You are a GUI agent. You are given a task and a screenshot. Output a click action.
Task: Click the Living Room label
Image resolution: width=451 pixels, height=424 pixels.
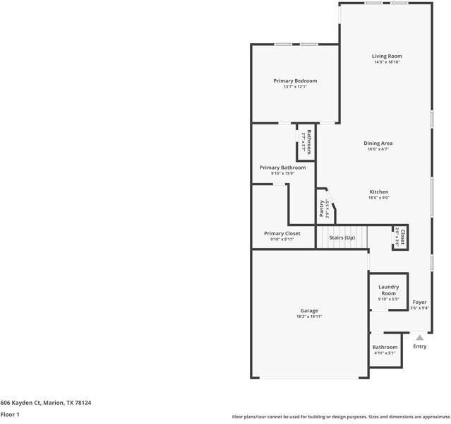coord(387,56)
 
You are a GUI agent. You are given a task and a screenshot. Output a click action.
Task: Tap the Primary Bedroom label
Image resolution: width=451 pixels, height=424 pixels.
coord(295,81)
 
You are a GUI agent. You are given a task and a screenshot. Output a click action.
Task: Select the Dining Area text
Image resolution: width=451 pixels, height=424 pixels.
coord(378,143)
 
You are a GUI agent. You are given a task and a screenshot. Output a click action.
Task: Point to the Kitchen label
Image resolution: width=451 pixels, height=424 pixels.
coord(378,192)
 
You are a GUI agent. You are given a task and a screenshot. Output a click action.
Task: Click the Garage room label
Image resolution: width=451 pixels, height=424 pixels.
coord(309,310)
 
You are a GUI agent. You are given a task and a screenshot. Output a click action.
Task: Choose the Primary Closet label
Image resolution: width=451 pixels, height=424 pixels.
coord(282,233)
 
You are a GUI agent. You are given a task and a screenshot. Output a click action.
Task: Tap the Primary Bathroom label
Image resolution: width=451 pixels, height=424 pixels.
coord(282,167)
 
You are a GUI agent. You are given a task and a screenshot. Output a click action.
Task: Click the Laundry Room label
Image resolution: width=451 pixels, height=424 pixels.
coord(388,290)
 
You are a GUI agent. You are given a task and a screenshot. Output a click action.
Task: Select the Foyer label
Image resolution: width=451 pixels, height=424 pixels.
coord(419,302)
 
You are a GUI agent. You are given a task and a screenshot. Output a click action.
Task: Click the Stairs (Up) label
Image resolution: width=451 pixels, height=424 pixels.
coord(342,237)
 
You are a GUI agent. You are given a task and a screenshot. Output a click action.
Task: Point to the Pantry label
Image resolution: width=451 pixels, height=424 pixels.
coord(322,209)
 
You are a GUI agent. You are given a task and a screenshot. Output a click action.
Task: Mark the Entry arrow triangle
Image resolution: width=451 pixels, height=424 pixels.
coord(419,338)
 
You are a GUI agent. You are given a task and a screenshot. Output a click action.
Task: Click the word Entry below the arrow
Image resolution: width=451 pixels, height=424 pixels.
coord(419,346)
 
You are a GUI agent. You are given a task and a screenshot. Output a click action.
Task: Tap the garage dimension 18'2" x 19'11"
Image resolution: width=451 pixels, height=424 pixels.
coord(309,317)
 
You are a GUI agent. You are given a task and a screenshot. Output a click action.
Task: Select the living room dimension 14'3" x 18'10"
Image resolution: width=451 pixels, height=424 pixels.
coord(387,62)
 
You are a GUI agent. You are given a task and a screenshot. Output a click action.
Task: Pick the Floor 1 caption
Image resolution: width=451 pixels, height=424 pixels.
coord(10,414)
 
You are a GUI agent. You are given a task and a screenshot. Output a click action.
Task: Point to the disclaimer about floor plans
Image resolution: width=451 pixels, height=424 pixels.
coord(342,417)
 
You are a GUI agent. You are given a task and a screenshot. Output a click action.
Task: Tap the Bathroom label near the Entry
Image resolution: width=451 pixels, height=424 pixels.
coord(385,347)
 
